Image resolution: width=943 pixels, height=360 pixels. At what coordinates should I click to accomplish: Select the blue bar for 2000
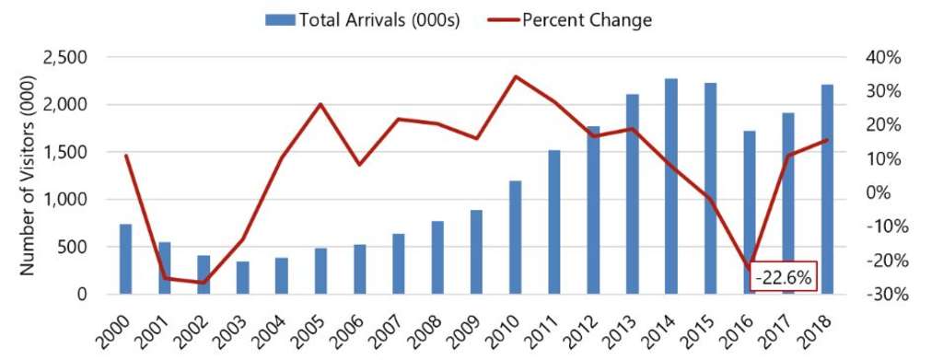(125, 259)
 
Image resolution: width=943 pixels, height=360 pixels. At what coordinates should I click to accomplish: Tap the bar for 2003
(242, 278)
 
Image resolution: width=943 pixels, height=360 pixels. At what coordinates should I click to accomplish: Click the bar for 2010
(516, 238)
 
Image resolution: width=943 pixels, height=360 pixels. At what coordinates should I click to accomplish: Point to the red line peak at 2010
(516, 76)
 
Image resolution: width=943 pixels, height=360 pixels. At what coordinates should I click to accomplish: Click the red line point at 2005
(320, 104)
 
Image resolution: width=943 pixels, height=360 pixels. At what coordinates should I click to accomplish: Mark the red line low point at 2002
(204, 283)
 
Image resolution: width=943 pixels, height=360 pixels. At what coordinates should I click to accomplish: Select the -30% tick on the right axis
(879, 295)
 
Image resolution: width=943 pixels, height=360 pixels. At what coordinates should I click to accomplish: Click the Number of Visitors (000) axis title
(27, 176)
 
